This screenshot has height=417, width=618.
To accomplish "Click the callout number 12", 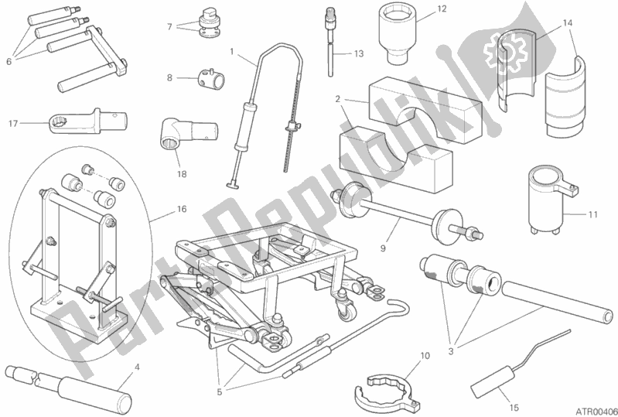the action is coord(442,9).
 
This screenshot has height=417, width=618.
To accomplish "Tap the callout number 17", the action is coord(13,124).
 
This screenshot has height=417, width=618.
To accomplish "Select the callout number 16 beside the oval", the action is coord(181,209).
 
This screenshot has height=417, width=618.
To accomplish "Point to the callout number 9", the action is coord(383,248).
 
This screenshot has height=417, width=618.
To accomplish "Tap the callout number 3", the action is coord(451,351).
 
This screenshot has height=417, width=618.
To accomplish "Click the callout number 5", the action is coord(220,392).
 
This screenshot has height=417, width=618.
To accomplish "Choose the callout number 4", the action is coord(137,367).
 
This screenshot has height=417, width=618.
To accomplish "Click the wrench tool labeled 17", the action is coord(88,121).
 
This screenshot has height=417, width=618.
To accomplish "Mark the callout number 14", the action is coord(567,23).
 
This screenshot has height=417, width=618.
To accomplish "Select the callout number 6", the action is coord(9,61).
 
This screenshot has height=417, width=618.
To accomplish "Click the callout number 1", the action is coord(232,51).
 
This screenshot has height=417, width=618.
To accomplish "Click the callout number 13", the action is coord(358,54).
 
